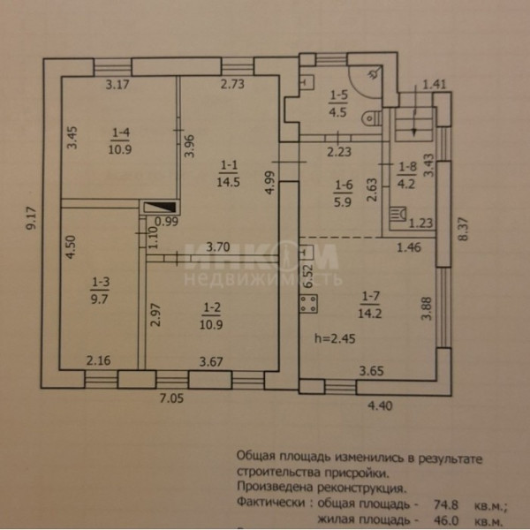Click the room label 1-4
pos(121,133)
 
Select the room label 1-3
pos(100,283)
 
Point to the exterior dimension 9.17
pos(32,218)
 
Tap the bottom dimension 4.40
pos(378,407)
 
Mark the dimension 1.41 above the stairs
pos(433,84)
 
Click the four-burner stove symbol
pos(309,306)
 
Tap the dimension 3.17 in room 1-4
pos(117,85)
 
